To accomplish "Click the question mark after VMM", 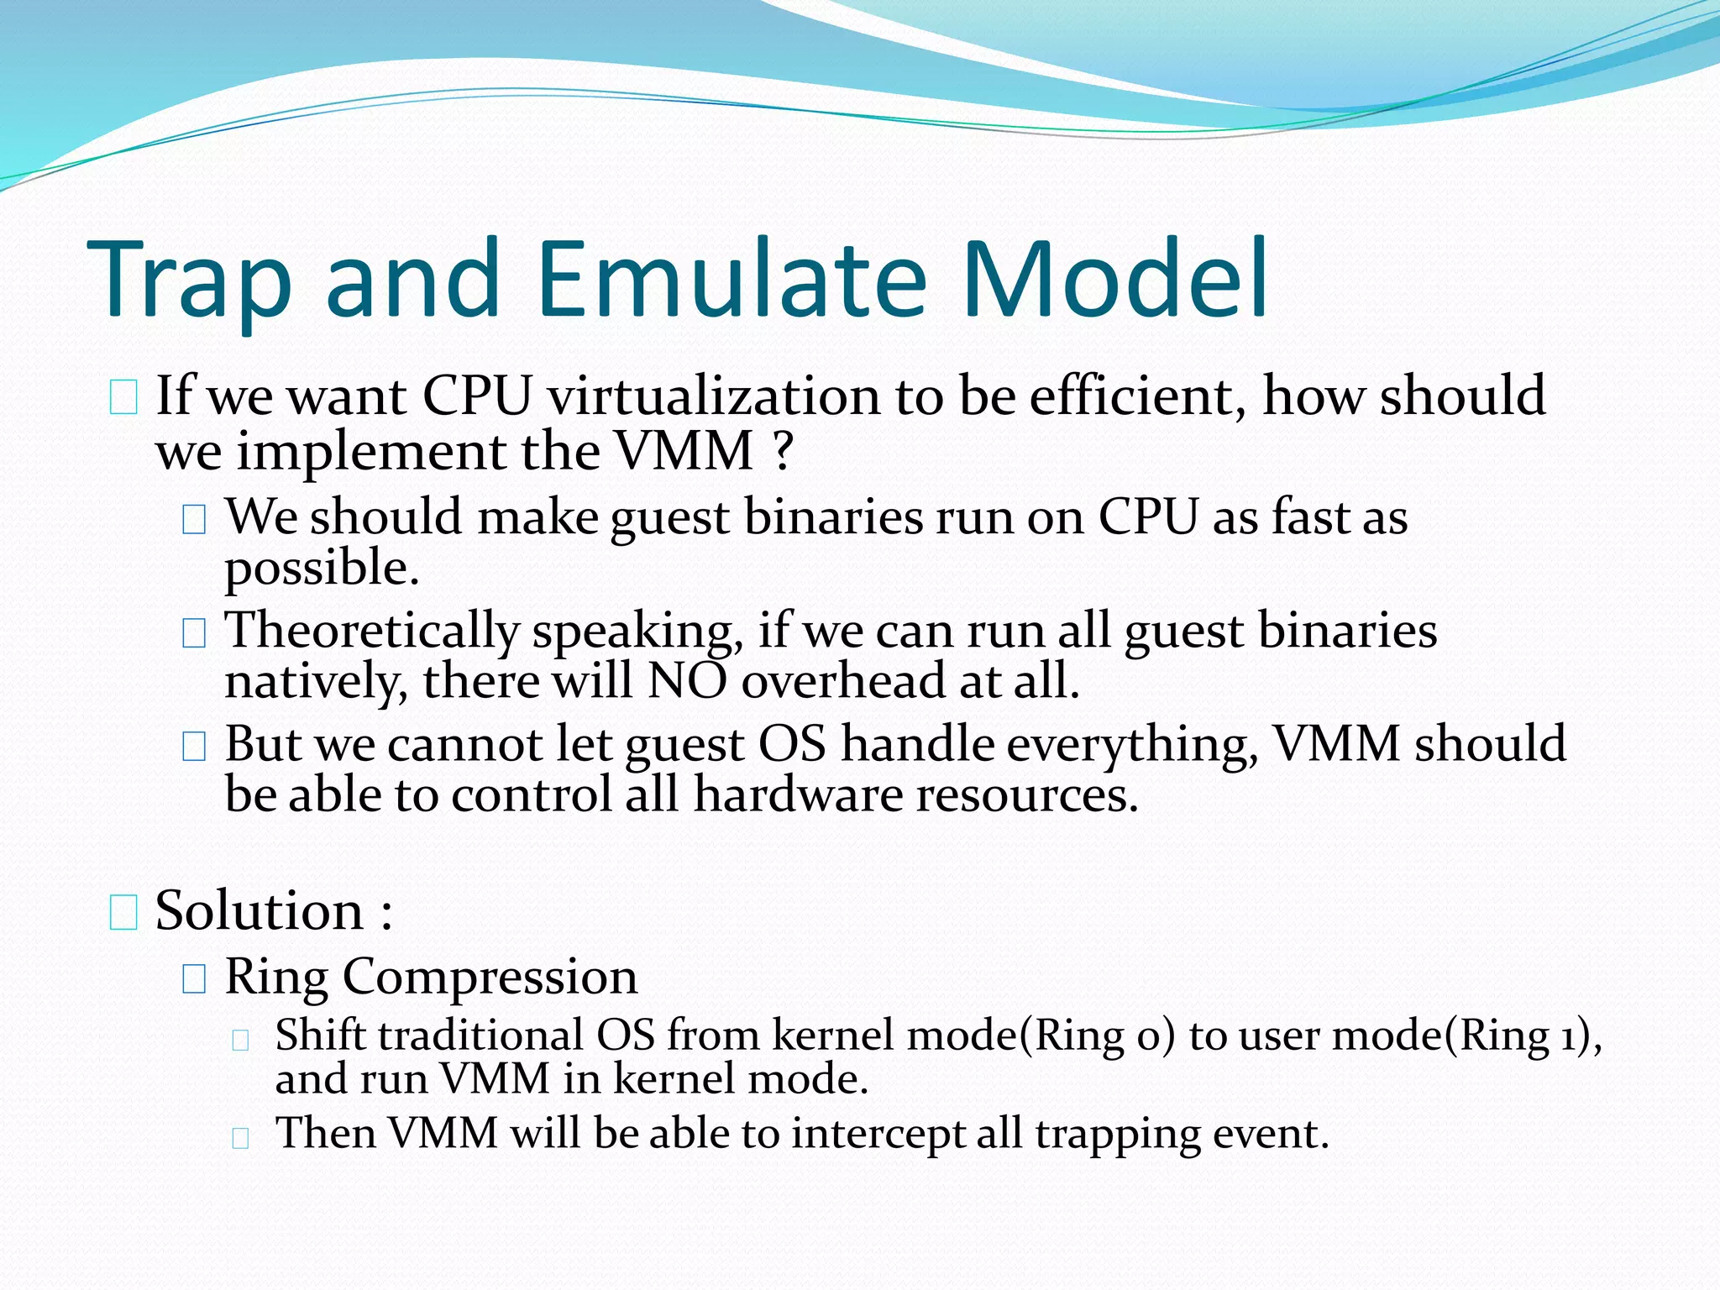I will (782, 453).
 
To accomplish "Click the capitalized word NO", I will (687, 680).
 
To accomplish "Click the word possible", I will (321, 569).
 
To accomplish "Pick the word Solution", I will (260, 910).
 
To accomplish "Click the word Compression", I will (490, 977).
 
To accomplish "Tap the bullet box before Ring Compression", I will (194, 978).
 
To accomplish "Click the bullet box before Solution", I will (123, 913).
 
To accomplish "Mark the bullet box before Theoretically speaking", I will (194, 633).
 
